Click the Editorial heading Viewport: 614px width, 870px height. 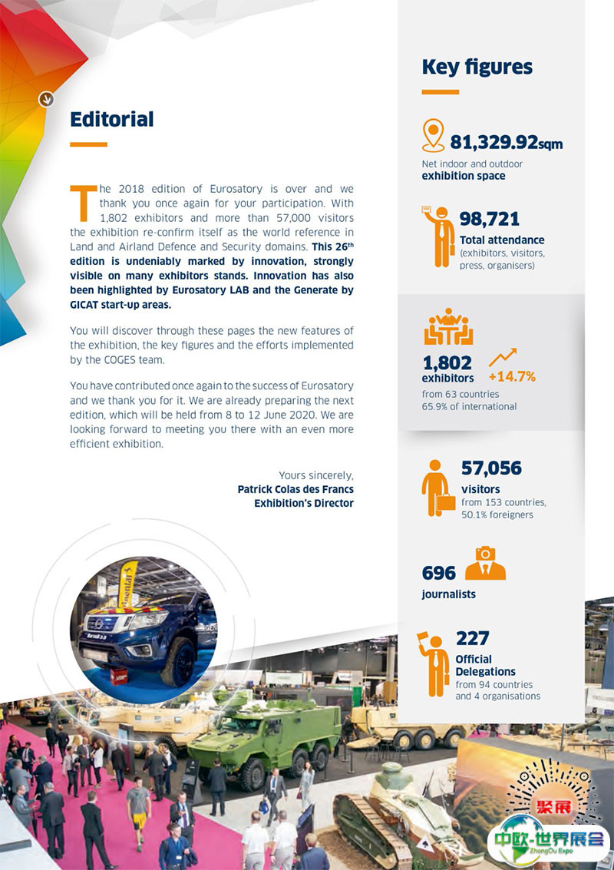[111, 120]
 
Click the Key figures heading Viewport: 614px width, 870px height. [477, 68]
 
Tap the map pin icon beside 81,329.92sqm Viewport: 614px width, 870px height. [434, 135]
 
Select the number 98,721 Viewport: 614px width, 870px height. [489, 220]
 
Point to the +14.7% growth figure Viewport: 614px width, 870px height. [511, 376]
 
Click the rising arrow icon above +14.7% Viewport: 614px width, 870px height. [503, 356]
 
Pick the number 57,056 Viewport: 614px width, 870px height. [491, 468]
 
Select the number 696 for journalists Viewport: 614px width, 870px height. [438, 573]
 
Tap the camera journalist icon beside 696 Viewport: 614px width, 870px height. [485, 564]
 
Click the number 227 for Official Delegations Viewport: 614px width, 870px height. [472, 638]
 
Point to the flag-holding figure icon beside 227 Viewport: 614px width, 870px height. [434, 663]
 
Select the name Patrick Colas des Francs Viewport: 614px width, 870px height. [295, 489]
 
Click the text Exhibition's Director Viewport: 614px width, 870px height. [304, 503]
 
